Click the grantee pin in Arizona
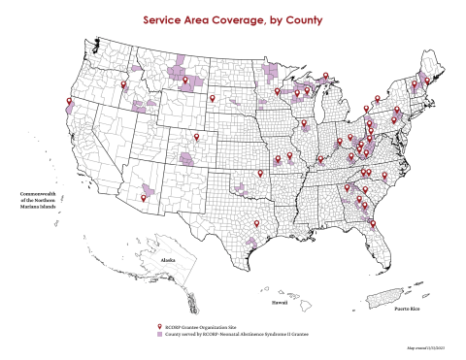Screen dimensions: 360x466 click(146, 197)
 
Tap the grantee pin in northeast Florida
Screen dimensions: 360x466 click(373, 225)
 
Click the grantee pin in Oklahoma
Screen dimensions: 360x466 click(260, 174)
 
